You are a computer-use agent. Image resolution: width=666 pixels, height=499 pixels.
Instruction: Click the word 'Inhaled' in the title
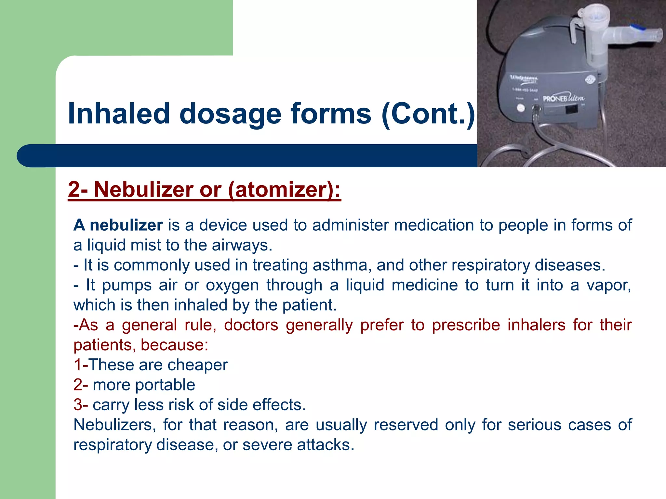pos(119,114)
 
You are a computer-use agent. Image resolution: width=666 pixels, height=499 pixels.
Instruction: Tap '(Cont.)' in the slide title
pos(428,114)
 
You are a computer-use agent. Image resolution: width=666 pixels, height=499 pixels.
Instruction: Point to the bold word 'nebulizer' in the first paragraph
pos(126,225)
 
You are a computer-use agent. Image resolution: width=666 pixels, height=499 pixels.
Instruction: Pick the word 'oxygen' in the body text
pos(232,285)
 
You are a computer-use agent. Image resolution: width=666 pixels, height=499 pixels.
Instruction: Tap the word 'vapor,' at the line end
pos(608,285)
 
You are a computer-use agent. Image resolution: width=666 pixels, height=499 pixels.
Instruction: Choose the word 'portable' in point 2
pos(165,385)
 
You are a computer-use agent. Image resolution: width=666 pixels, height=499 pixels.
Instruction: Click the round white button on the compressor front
pos(521,108)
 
